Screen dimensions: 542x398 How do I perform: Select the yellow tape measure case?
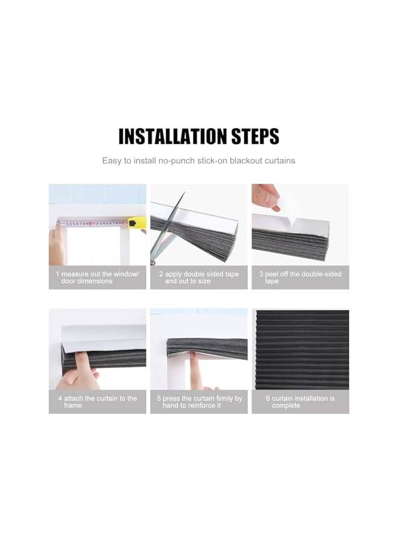click(136, 222)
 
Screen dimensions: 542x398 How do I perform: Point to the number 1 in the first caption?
click(58, 274)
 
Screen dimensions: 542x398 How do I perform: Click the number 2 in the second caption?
click(161, 274)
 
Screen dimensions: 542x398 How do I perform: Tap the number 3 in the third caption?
click(261, 274)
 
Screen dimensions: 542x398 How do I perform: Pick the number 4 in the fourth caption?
click(60, 398)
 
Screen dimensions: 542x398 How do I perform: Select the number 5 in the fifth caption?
click(159, 398)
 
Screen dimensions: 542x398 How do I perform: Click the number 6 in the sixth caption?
click(268, 398)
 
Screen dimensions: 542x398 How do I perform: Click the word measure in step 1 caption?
click(74, 274)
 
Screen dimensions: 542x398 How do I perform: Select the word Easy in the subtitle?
click(112, 161)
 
